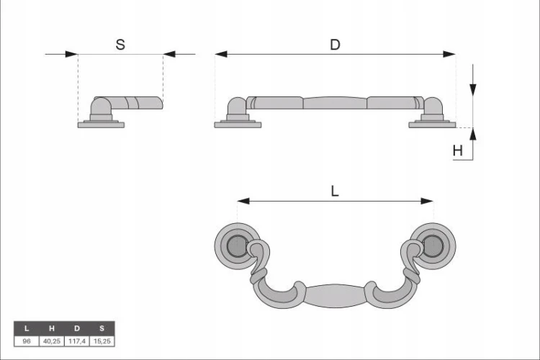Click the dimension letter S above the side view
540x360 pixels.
(x=120, y=45)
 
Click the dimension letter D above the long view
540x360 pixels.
(x=335, y=45)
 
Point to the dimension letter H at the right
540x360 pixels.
(x=457, y=150)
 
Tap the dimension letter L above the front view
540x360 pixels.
(x=335, y=191)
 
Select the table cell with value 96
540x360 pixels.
(x=27, y=341)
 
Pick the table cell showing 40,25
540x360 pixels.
(x=52, y=341)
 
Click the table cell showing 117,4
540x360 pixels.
(x=77, y=341)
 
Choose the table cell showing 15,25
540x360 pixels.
(x=102, y=341)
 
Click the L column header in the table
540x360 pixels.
(x=27, y=328)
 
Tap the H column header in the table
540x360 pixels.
(x=52, y=328)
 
